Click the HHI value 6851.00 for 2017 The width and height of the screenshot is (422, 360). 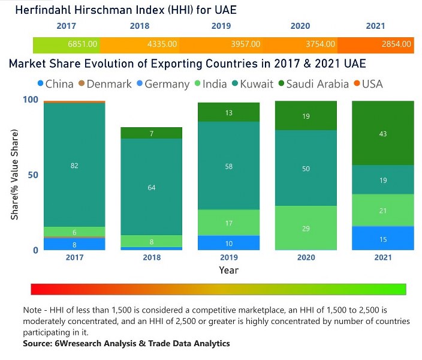point(83,44)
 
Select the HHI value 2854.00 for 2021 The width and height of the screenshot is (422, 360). point(396,44)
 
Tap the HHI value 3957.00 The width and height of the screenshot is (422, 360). point(246,44)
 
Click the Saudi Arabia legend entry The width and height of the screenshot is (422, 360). point(311,84)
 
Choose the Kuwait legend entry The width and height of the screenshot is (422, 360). point(252,84)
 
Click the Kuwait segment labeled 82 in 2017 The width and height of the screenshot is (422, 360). point(74,165)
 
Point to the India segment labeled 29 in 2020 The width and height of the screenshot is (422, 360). point(306,229)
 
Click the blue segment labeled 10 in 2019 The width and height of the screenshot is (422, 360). point(228,243)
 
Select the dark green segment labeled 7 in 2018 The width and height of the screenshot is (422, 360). point(152,133)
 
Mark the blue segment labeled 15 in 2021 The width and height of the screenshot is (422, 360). point(382,239)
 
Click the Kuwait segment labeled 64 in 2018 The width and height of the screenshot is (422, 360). point(152,187)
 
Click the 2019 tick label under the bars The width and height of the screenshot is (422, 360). point(228,257)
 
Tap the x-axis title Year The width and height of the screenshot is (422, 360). point(228,270)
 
